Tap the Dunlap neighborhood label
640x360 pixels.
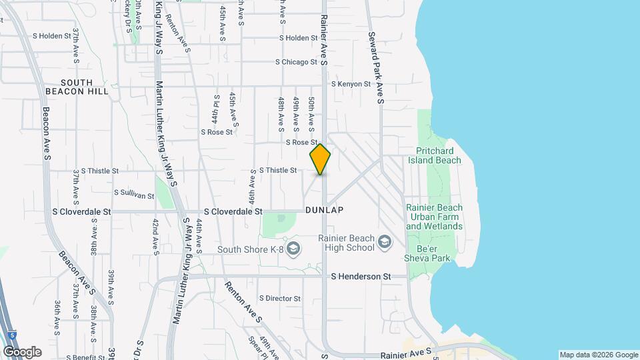(x=324, y=210)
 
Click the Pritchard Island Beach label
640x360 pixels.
(x=439, y=155)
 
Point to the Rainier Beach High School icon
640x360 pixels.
(x=384, y=241)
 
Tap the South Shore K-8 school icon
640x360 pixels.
(x=294, y=249)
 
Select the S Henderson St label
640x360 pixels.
(x=360, y=276)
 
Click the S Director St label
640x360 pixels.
(x=281, y=298)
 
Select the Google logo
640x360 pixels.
(x=22, y=351)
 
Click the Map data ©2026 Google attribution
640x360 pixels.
(x=597, y=355)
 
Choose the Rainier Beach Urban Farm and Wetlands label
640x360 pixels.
(x=434, y=217)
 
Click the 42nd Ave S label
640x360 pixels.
(x=155, y=236)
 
